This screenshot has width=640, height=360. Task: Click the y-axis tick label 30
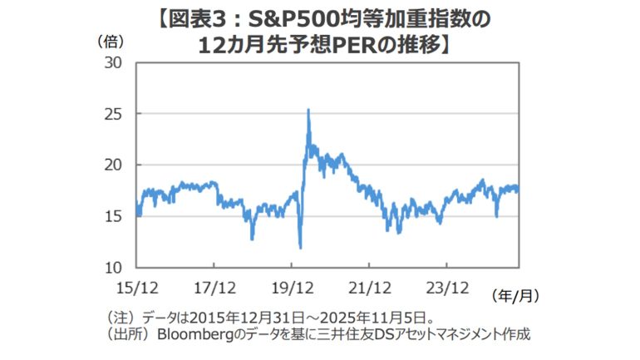[x=111, y=62]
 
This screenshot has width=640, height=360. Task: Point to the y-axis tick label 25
[x=111, y=114]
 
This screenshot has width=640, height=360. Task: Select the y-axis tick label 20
[x=111, y=165]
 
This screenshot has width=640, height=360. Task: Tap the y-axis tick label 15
[x=111, y=216]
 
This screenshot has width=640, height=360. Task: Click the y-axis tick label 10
[x=111, y=268]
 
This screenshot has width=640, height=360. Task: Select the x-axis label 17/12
[x=214, y=288]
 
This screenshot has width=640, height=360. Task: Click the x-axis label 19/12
[x=292, y=288]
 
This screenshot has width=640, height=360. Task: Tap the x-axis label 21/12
[x=369, y=288]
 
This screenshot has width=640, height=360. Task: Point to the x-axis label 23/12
[x=447, y=288]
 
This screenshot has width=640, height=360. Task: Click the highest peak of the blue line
[x=308, y=109]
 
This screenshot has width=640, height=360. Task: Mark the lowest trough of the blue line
[x=300, y=247]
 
